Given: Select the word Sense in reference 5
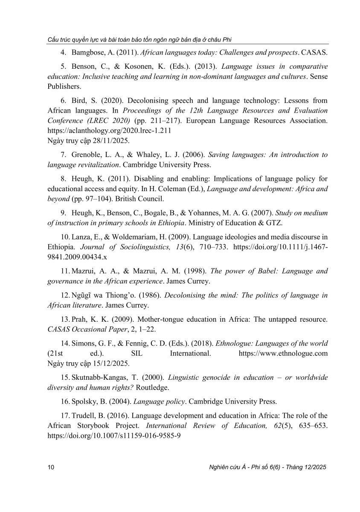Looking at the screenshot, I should pos(319,76).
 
